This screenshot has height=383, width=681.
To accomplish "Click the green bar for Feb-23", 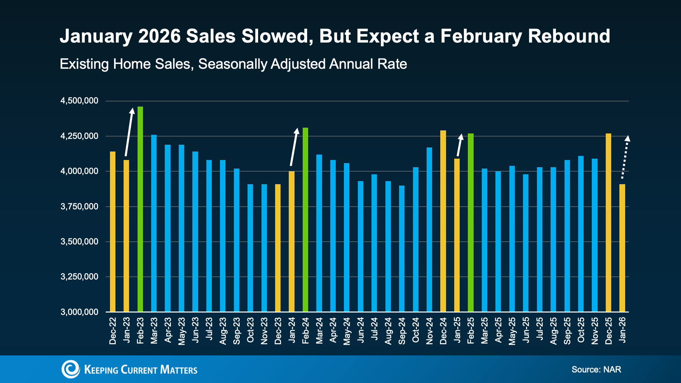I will [x=140, y=209].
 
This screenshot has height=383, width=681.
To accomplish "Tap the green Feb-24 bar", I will [x=305, y=220].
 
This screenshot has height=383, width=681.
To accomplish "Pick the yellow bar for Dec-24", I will [x=443, y=221].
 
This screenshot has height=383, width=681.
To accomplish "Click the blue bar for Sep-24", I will [x=402, y=249].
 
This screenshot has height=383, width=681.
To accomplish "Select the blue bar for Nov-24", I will [x=429, y=229].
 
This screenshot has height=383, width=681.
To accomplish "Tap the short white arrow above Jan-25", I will [x=459, y=145].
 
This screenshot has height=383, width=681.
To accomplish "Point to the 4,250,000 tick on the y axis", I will [x=79, y=136].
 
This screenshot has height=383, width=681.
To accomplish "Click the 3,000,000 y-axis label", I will [x=79, y=312].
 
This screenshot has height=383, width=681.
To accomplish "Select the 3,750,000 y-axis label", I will [x=79, y=206].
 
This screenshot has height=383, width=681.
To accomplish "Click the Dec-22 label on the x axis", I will [x=113, y=331].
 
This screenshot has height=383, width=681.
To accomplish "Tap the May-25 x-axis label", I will [x=512, y=331].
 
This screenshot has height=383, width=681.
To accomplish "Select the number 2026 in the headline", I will [x=159, y=36].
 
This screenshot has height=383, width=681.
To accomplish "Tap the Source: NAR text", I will [x=596, y=369].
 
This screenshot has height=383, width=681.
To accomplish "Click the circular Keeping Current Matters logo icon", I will [x=70, y=369].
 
